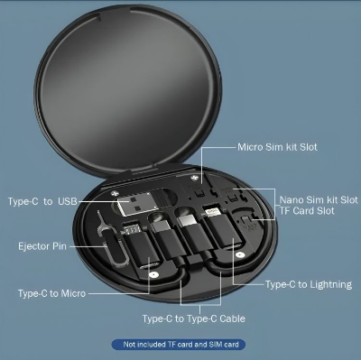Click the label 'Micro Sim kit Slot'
[277, 147]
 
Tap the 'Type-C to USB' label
[42, 201]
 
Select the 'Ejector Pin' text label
[42, 246]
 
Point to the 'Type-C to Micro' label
[51, 293]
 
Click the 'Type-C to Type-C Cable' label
[194, 318]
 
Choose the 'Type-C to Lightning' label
[309, 284]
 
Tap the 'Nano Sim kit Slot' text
[319, 199]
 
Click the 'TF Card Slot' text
[307, 210]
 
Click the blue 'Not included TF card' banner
[179, 345]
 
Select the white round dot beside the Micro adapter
[153, 275]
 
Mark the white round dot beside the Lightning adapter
[239, 255]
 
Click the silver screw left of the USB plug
[114, 193]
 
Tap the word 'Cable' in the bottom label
[232, 318]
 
